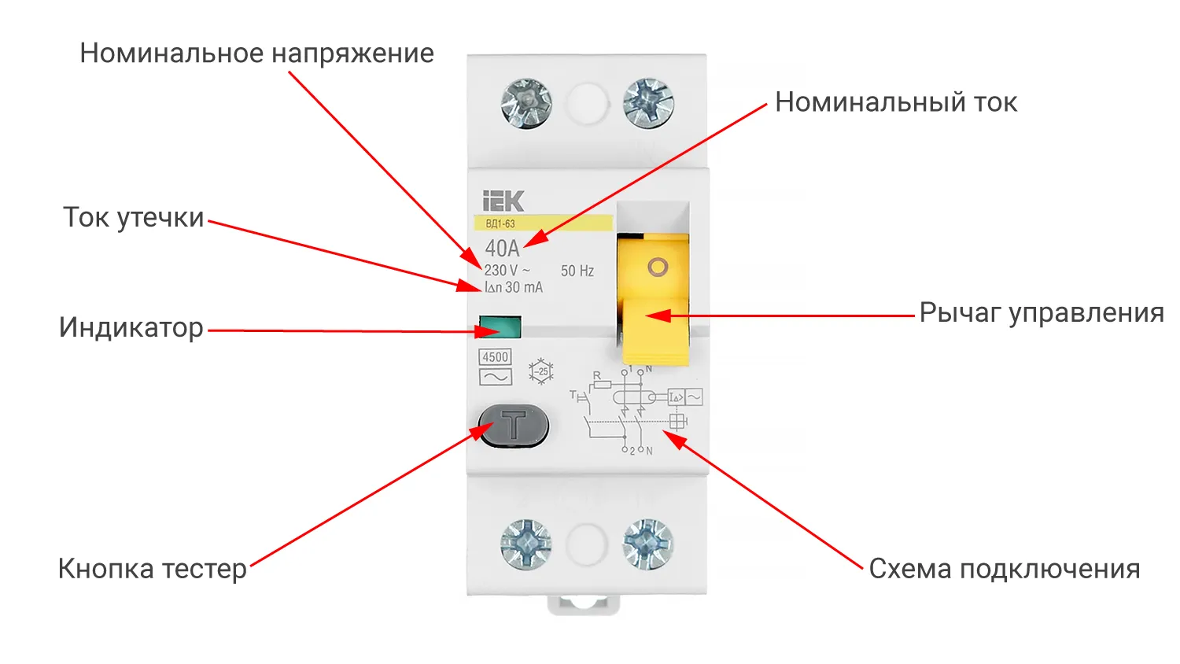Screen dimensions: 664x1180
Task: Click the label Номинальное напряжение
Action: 256,53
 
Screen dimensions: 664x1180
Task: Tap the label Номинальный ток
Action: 895,102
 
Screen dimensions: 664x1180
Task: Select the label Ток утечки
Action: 134,218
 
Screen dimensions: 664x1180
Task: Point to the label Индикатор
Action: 131,327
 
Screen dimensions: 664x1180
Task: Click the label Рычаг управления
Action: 1041,313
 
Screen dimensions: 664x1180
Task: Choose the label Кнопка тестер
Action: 153,568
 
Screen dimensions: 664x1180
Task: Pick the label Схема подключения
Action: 1004,569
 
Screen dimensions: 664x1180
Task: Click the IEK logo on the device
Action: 503,201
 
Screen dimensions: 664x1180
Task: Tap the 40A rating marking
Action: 502,249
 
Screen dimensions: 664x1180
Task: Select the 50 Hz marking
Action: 577,271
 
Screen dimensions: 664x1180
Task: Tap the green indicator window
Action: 500,326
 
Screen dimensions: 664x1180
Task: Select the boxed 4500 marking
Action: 495,357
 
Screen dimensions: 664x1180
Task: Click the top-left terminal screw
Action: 526,103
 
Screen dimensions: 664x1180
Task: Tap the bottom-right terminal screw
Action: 647,544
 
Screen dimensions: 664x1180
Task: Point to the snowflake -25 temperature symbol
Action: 541,371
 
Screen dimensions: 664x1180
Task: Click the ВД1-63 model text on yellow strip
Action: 500,224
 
